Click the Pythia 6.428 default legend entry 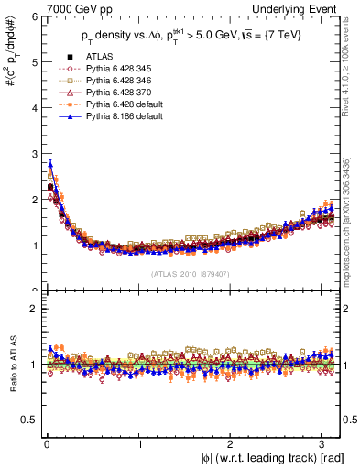tap(125, 104)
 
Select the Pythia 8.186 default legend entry tap(125, 117)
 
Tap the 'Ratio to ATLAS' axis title tap(10, 366)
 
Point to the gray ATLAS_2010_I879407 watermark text tap(188, 273)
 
